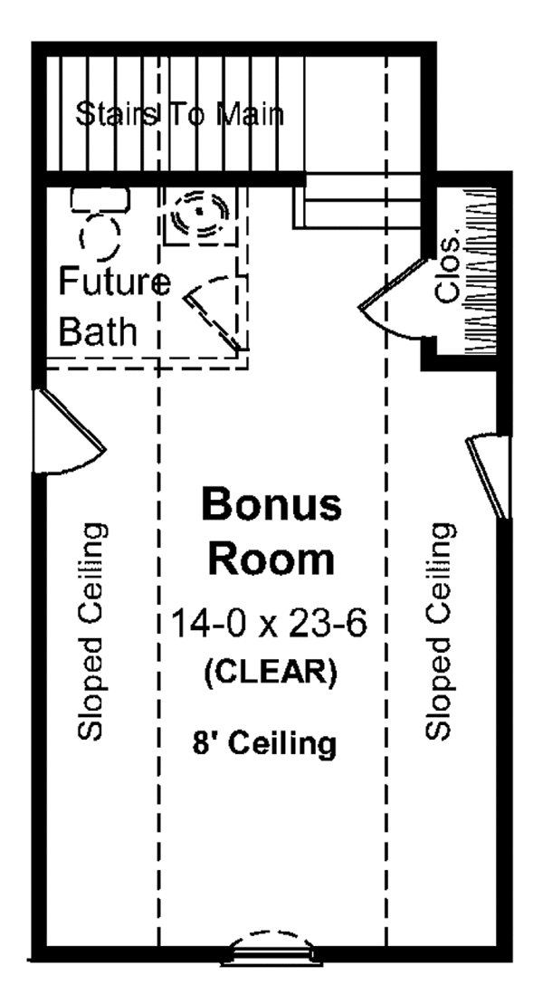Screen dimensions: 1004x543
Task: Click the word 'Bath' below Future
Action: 99,331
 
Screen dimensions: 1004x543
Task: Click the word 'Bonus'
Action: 271,504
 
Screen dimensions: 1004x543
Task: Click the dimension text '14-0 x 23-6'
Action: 271,624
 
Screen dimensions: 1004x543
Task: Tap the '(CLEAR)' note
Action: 271,673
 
